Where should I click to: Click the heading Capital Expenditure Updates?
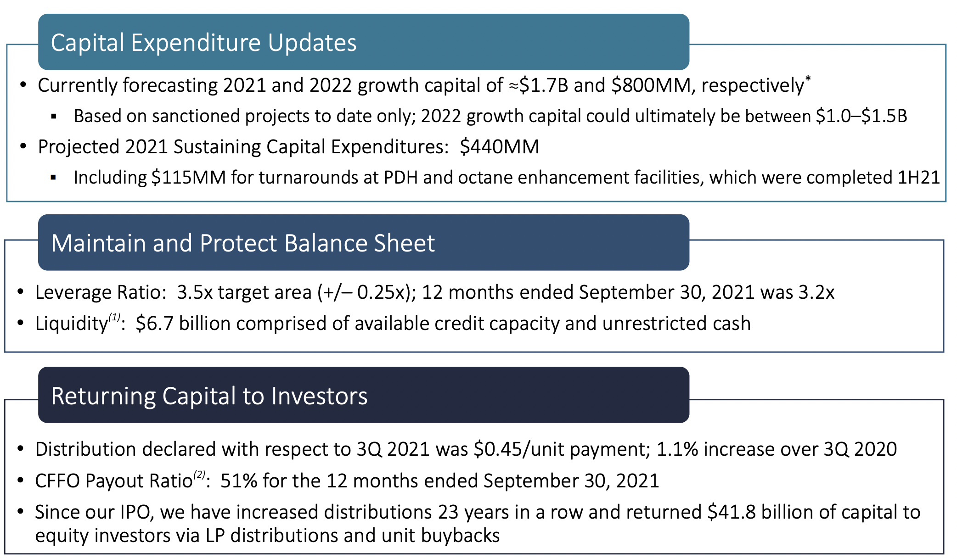[203, 43]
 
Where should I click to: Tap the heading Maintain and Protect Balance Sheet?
[243, 243]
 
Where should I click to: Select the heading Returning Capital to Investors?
[209, 396]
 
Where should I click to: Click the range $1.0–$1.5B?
[861, 116]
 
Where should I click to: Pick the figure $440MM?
[499, 147]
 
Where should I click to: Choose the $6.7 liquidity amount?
[154, 324]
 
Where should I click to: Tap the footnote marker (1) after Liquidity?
[114, 317]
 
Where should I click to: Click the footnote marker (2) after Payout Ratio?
[199, 474]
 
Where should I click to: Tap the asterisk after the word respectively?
[808, 79]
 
